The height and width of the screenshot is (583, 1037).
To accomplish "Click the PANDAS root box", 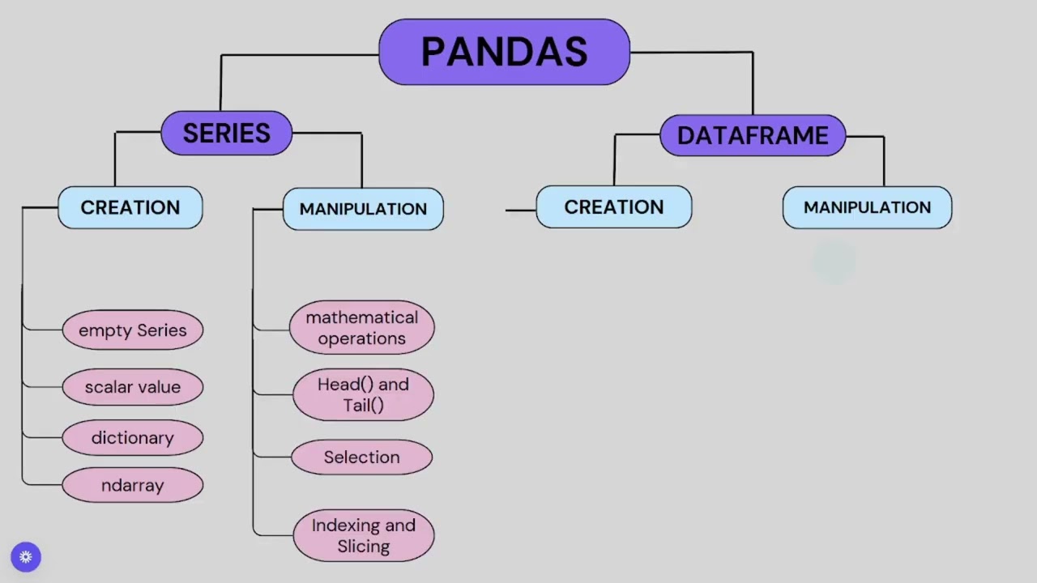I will point(504,53).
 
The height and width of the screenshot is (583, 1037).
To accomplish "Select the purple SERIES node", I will point(226,134).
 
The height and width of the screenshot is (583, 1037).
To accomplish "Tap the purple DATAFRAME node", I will point(753,135).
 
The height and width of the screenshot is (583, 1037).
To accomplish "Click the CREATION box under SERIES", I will point(130,207).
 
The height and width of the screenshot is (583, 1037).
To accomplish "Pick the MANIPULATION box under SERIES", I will point(363,209).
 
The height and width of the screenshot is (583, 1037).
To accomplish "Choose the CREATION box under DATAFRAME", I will point(613,207).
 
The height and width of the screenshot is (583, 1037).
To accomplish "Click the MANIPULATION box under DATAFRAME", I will point(867,207).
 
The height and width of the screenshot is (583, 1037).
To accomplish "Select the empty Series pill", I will point(133,330).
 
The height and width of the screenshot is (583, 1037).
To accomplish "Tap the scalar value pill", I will point(133,387).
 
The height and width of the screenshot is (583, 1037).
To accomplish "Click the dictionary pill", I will point(133,438).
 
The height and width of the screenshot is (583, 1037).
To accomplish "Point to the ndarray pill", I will point(133,485).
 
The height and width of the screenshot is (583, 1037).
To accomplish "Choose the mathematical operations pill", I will point(362,328).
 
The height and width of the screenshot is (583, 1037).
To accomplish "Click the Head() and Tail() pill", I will point(363,394).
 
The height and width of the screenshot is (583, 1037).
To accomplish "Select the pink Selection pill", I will point(362,457).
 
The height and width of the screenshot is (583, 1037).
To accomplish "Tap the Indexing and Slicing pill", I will point(364,535).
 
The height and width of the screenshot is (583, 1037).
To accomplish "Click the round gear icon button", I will point(26,557).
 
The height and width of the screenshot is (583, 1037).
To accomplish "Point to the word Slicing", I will point(364,547).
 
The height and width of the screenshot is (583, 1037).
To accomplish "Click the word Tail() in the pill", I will point(363,406).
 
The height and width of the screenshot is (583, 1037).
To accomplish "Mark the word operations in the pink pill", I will point(362,338).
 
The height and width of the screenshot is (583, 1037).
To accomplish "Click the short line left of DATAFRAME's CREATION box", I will point(521,211).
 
